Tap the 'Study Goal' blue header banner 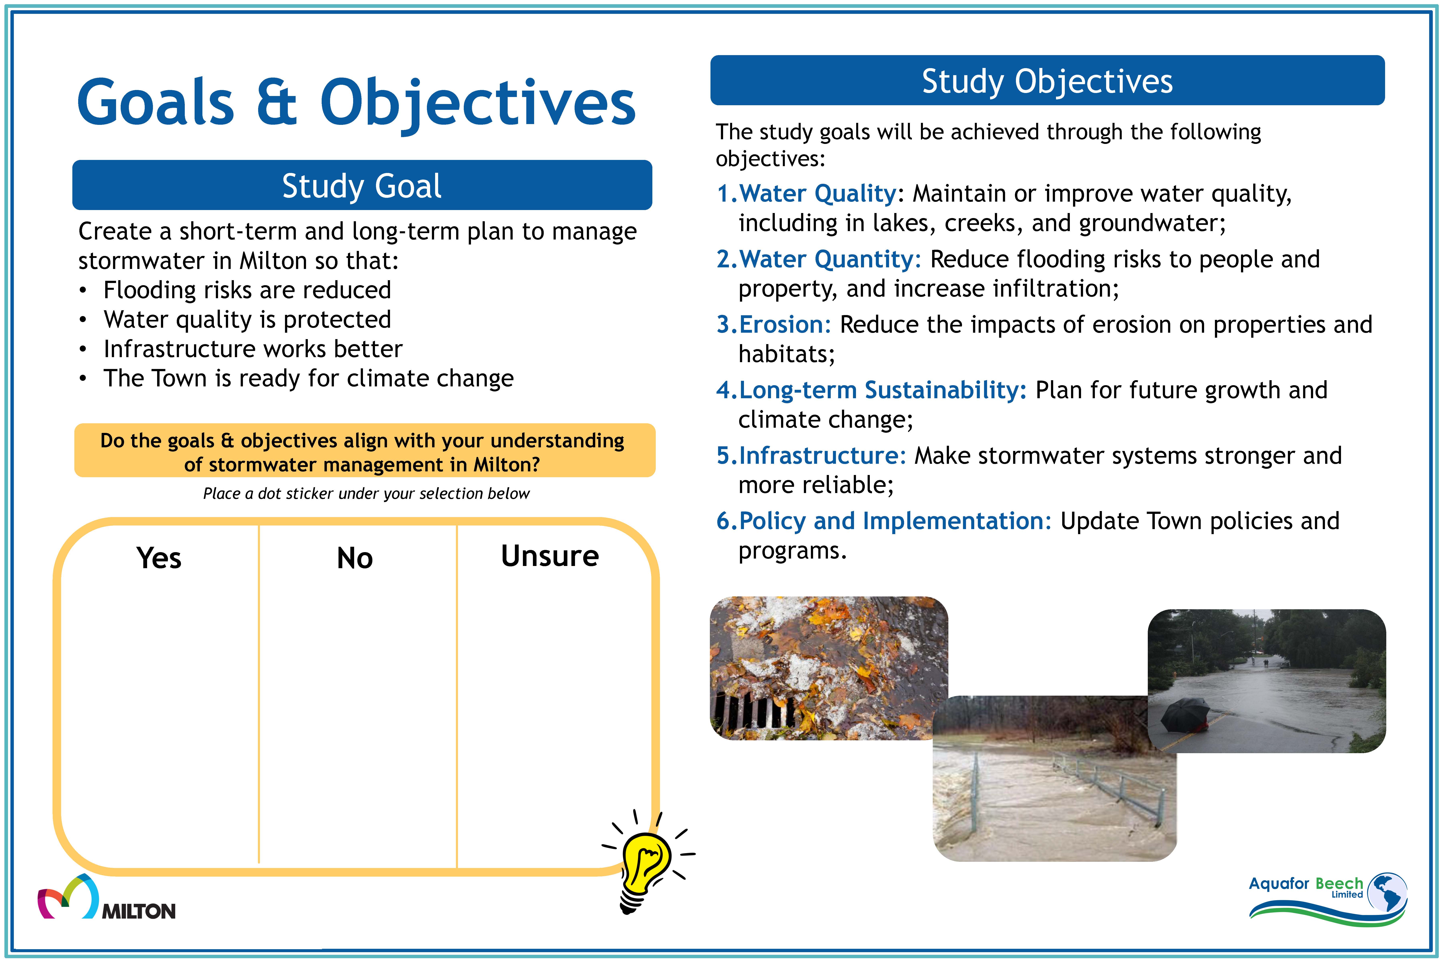362,185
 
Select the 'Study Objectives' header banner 1047,80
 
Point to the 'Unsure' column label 550,556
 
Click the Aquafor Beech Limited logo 1328,899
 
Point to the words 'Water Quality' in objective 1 818,194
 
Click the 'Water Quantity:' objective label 830,260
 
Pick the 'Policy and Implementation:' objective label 895,521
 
